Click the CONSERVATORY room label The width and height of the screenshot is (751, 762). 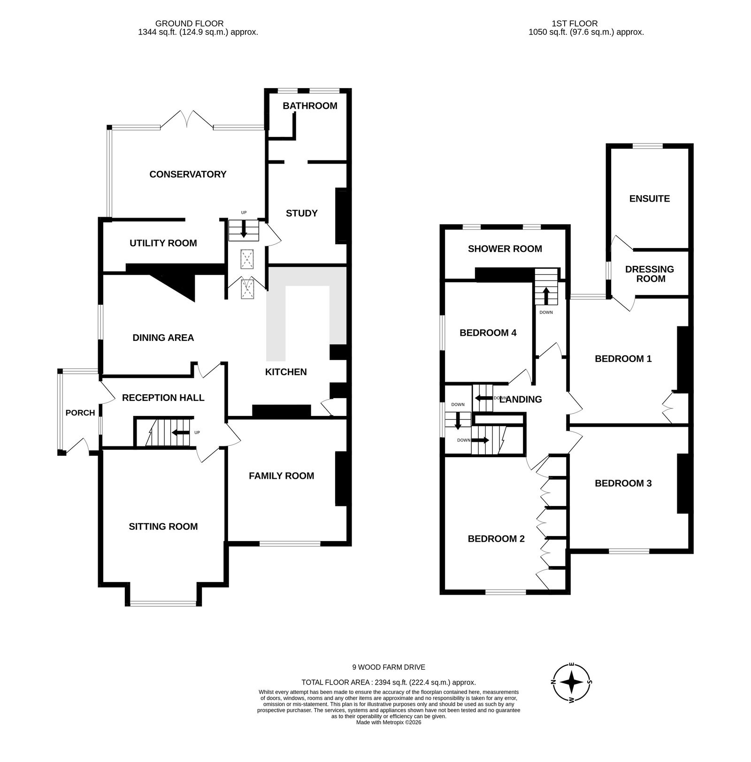coord(188,174)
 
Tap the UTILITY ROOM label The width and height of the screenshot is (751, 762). coord(163,243)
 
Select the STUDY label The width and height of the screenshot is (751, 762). coord(302,213)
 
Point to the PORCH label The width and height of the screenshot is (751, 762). coord(80,413)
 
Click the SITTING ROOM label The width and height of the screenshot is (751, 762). coord(163,527)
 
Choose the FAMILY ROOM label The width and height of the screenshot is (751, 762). coord(281,476)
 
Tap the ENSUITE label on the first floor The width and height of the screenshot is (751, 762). coord(650,198)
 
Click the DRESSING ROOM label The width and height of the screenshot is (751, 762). coord(650,274)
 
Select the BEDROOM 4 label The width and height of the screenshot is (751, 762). coord(488,333)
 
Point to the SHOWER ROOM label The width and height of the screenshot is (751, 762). coord(505,249)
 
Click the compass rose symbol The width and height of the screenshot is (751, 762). coord(572,682)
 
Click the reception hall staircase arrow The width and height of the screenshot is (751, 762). coord(181,432)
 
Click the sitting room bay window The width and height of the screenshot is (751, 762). coord(163,603)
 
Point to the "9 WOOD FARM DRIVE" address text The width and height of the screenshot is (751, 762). coord(389,667)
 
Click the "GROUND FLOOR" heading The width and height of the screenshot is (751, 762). coord(190,23)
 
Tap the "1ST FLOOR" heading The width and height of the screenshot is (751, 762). coord(575,23)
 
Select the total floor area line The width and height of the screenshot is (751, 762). coord(389,682)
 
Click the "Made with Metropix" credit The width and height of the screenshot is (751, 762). coord(389,723)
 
